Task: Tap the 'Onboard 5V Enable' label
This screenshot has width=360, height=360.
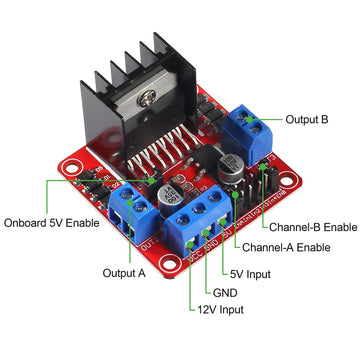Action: (52, 222)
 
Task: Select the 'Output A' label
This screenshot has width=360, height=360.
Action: (124, 272)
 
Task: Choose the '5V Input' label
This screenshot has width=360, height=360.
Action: (250, 272)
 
